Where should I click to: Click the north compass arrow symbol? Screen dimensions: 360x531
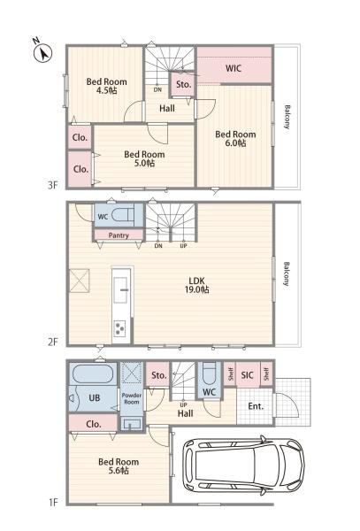[43, 52]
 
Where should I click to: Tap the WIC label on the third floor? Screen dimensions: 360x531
[234, 68]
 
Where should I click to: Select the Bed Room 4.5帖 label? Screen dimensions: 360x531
[106, 86]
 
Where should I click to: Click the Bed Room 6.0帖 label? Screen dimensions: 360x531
[235, 139]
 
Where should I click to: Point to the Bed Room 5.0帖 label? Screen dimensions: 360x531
[144, 158]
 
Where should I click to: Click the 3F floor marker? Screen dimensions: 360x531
[53, 185]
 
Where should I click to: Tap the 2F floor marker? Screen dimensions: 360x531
[53, 342]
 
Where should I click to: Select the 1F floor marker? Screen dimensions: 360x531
[53, 502]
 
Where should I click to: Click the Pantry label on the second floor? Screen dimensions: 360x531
[119, 235]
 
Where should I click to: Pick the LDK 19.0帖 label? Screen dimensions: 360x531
[196, 285]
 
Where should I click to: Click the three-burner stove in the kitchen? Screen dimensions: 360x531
[119, 328]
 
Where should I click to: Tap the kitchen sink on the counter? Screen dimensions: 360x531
[120, 290]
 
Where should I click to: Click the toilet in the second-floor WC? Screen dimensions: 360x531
[123, 215]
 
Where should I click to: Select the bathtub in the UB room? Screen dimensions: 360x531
[93, 373]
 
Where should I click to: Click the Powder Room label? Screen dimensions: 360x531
[132, 398]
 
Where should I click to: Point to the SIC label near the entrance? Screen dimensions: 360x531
[248, 375]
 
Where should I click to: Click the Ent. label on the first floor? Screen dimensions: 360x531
[256, 406]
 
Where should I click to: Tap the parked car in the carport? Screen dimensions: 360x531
[243, 466]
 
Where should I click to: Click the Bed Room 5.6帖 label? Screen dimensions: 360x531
[119, 466]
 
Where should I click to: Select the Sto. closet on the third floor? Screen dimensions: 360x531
[184, 84]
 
